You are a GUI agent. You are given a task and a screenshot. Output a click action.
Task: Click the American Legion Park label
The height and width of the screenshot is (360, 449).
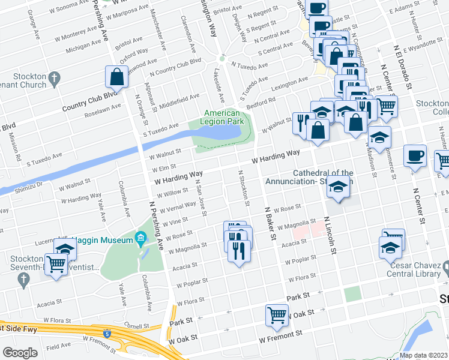click(221, 118)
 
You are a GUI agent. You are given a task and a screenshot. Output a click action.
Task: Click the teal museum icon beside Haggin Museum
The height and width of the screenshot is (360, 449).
click(141, 239)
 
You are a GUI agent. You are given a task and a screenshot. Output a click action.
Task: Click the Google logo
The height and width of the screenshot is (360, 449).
click(20, 352)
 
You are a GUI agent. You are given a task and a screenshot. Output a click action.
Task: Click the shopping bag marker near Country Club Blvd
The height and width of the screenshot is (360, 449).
click(116, 78)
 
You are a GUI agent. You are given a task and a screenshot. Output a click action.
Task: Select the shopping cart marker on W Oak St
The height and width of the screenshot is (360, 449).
click(277, 316)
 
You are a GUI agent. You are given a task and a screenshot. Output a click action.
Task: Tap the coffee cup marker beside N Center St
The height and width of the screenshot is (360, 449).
click(415, 157)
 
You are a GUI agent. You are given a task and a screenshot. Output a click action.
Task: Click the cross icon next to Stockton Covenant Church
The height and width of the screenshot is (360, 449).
click(55, 77)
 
